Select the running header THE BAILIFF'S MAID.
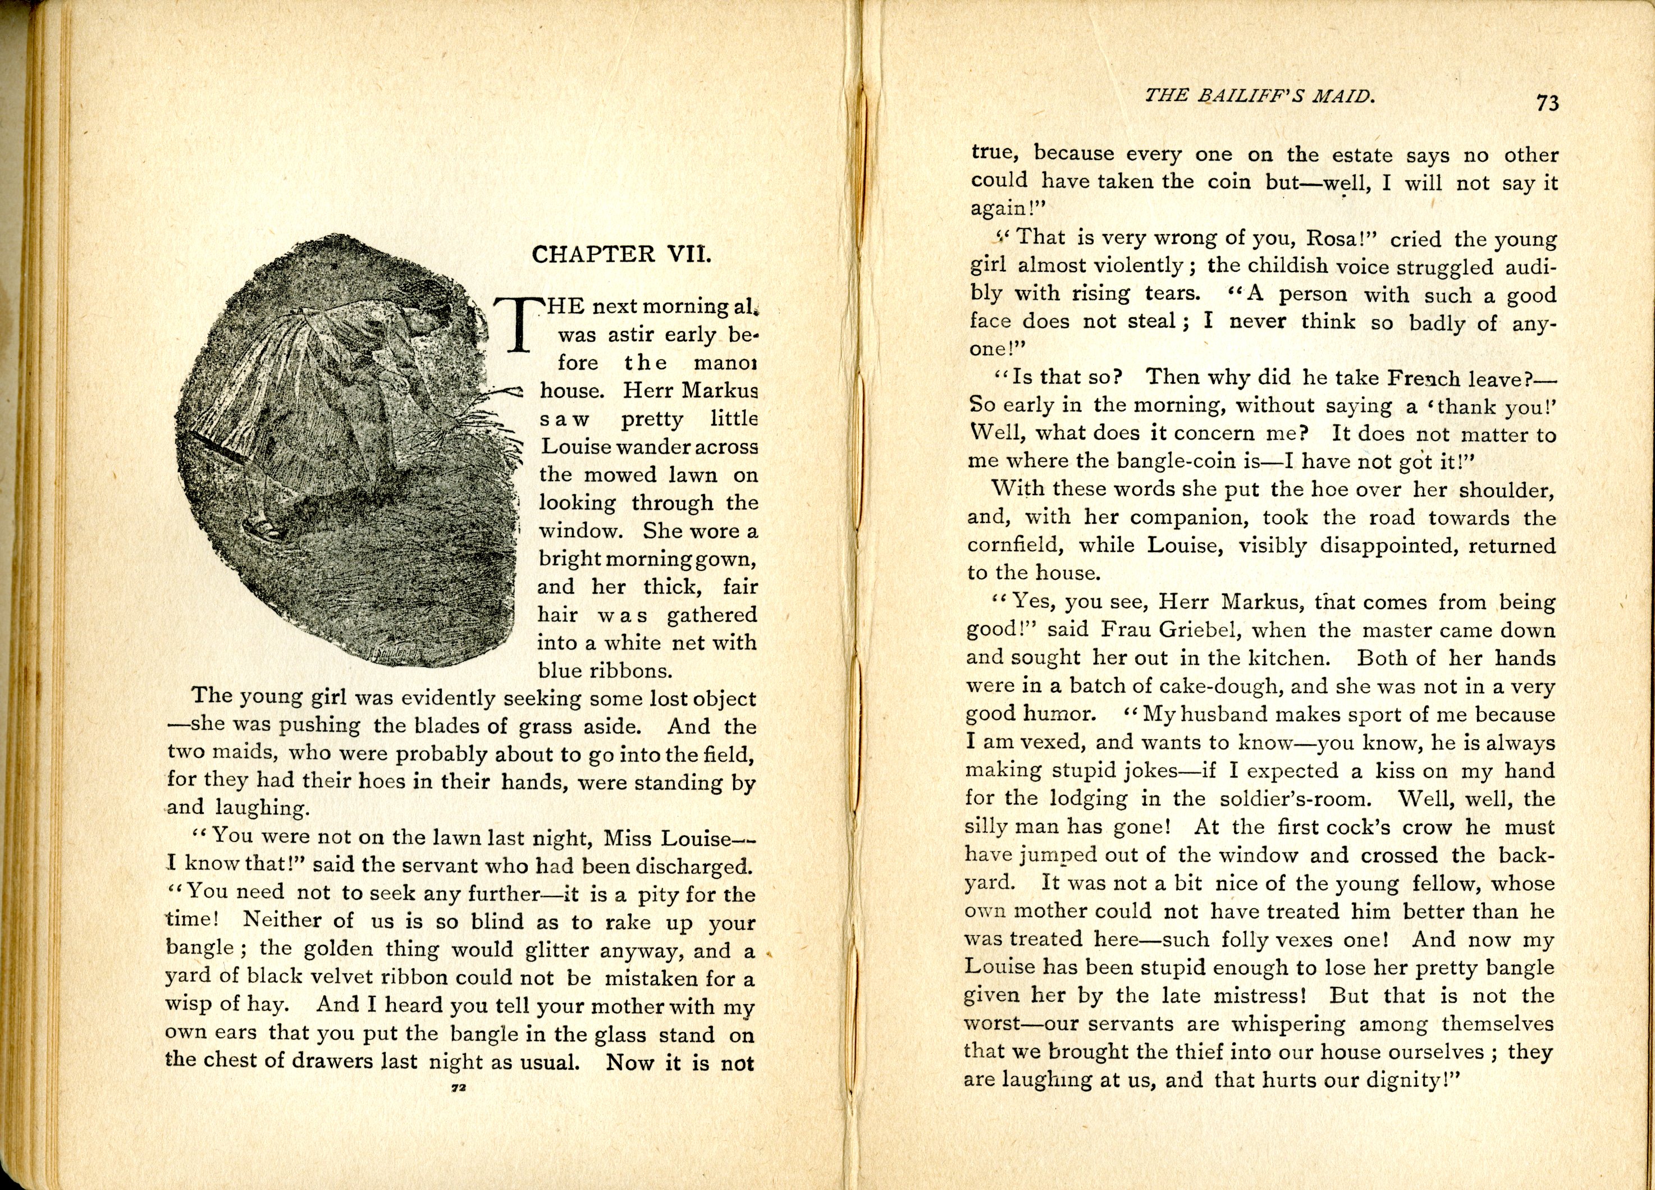point(1259,95)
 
